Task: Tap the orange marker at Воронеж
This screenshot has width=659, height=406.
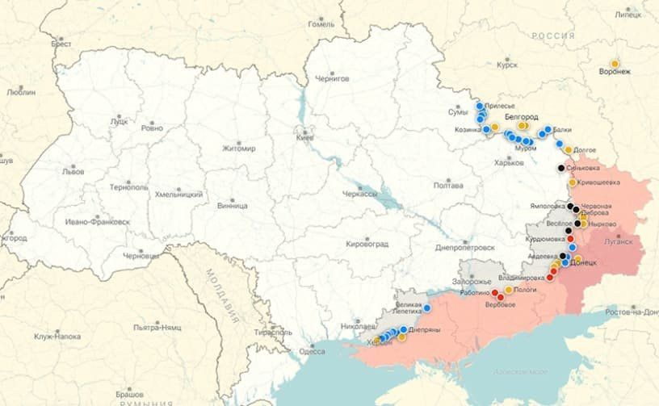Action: pyautogui.click(x=615, y=63)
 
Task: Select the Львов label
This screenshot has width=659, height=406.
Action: pyautogui.click(x=72, y=172)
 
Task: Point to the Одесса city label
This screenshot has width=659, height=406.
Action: pyautogui.click(x=312, y=351)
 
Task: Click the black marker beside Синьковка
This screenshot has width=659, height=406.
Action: pyautogui.click(x=562, y=168)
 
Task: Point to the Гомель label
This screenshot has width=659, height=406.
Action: pyautogui.click(x=321, y=24)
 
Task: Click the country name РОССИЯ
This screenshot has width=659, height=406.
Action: pyautogui.click(x=552, y=36)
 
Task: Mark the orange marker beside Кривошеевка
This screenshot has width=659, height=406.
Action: pyautogui.click(x=573, y=182)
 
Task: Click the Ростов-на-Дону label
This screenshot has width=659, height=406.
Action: pyautogui.click(x=632, y=312)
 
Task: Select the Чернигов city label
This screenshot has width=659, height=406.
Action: pyautogui.click(x=332, y=78)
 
